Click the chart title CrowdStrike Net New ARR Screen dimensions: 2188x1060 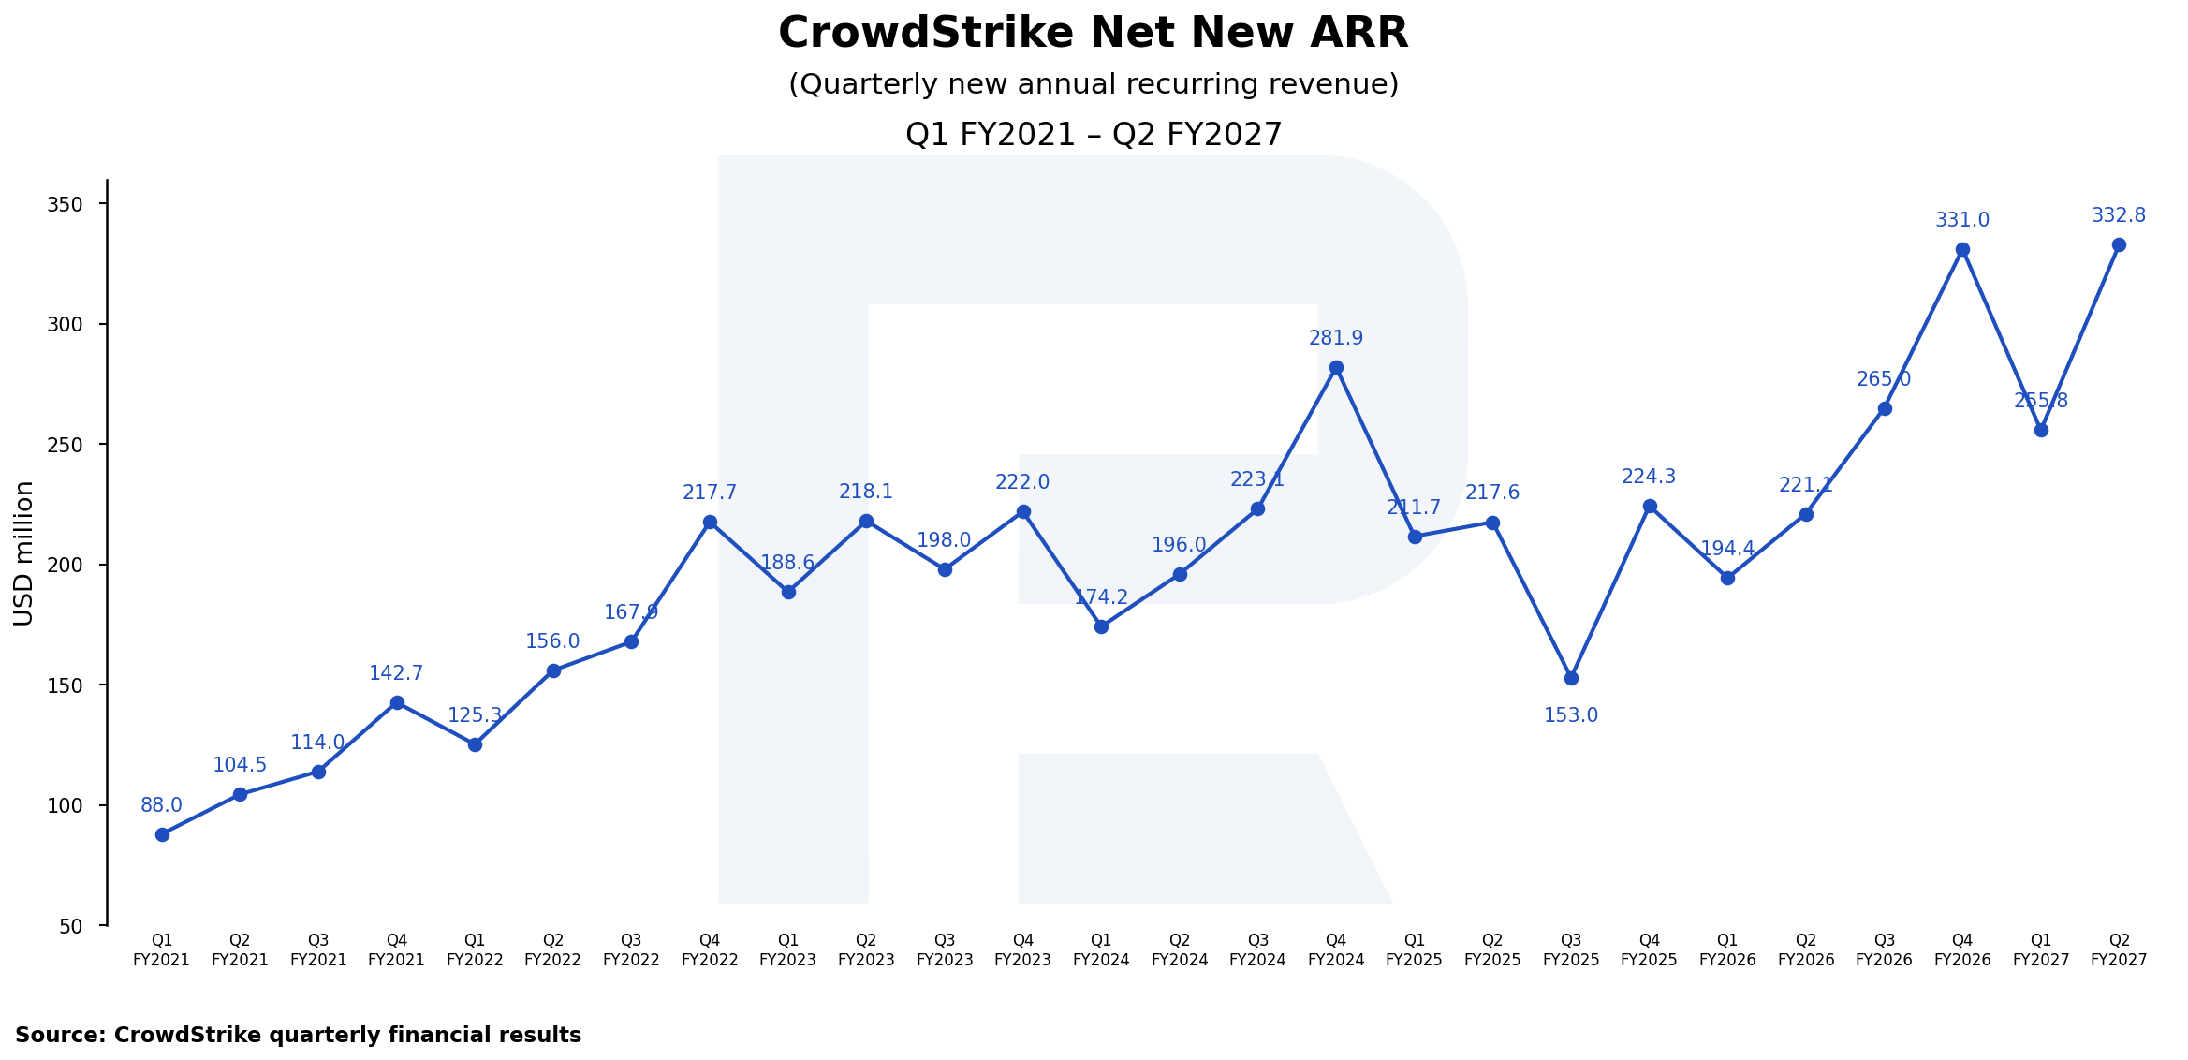click(x=1093, y=34)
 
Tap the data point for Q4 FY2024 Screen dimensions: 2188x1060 click(x=1336, y=368)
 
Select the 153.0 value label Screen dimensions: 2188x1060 click(x=1571, y=715)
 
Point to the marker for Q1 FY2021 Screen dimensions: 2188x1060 click(x=162, y=834)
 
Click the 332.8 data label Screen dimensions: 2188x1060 click(x=2119, y=215)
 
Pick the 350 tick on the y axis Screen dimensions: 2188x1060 click(x=65, y=204)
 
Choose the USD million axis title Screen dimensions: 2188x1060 click(x=24, y=552)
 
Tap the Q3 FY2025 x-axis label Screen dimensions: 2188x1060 click(x=1571, y=950)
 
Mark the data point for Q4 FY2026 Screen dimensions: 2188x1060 click(x=1962, y=250)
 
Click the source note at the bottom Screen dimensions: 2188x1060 click(x=298, y=1035)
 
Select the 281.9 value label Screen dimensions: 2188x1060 click(x=1336, y=338)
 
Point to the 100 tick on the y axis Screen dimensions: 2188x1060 click(x=65, y=805)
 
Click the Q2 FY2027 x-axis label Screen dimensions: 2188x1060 click(x=2119, y=950)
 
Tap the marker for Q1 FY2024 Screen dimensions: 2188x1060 click(x=1101, y=626)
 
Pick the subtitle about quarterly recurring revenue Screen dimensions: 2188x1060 click(x=1094, y=84)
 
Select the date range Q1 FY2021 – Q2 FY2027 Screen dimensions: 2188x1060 click(x=1094, y=135)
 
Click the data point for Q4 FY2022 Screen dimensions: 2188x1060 click(x=710, y=522)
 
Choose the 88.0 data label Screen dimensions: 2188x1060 click(x=162, y=805)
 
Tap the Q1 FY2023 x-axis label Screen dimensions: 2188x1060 click(x=788, y=950)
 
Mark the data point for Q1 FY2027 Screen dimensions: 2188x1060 click(x=2041, y=430)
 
